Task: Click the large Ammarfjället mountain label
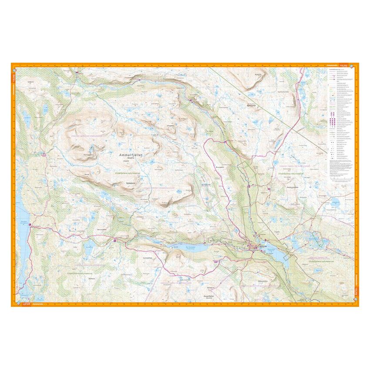click(x=131, y=155)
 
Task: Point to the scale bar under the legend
click(x=341, y=178)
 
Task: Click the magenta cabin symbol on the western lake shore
click(x=30, y=225)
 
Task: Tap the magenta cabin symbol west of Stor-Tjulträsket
click(x=114, y=240)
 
